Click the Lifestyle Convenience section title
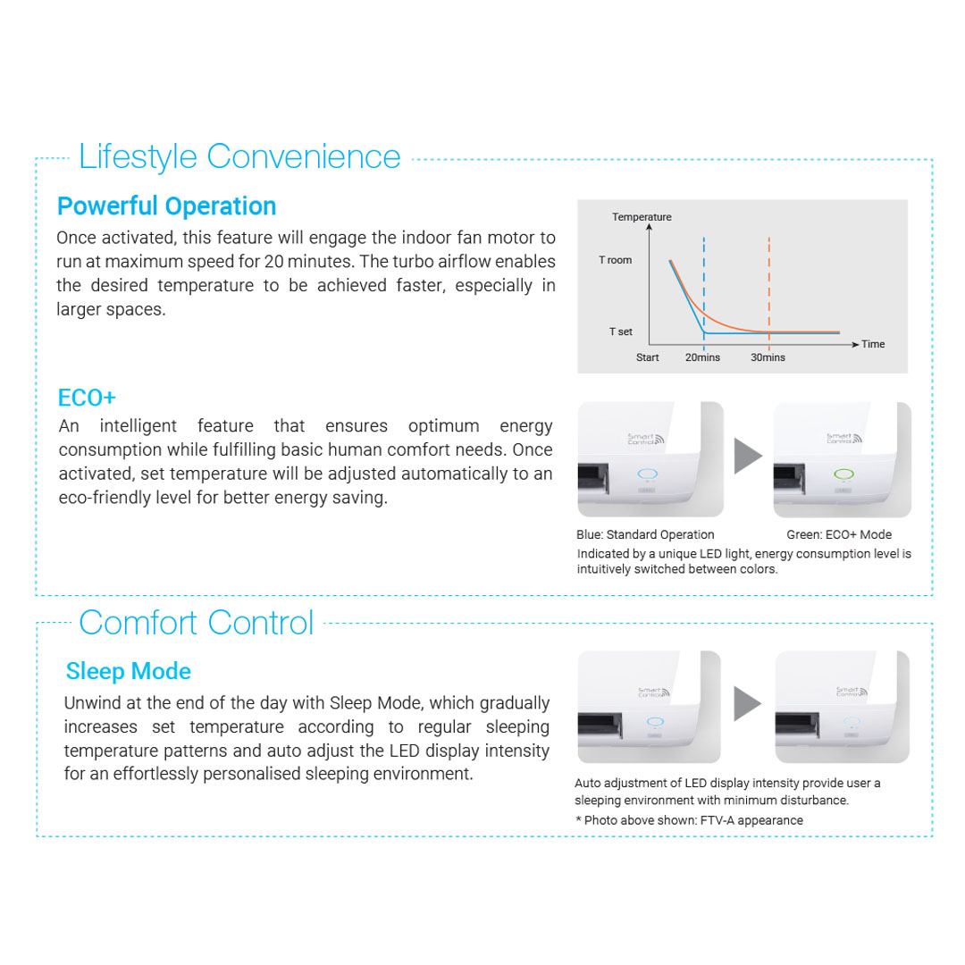coord(239,157)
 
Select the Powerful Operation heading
coord(166,206)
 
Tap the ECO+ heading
coord(87,398)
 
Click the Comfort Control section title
coord(197,622)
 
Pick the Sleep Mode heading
coord(129,671)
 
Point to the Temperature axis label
coord(642,217)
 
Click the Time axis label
coord(873,344)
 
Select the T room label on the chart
coord(615,261)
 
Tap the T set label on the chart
coord(620,331)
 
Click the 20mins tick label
coord(702,357)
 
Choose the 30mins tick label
coord(768,357)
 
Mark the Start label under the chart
coord(648,357)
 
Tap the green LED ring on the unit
coord(842,474)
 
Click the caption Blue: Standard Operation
coord(645,535)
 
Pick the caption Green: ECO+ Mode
coord(839,535)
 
